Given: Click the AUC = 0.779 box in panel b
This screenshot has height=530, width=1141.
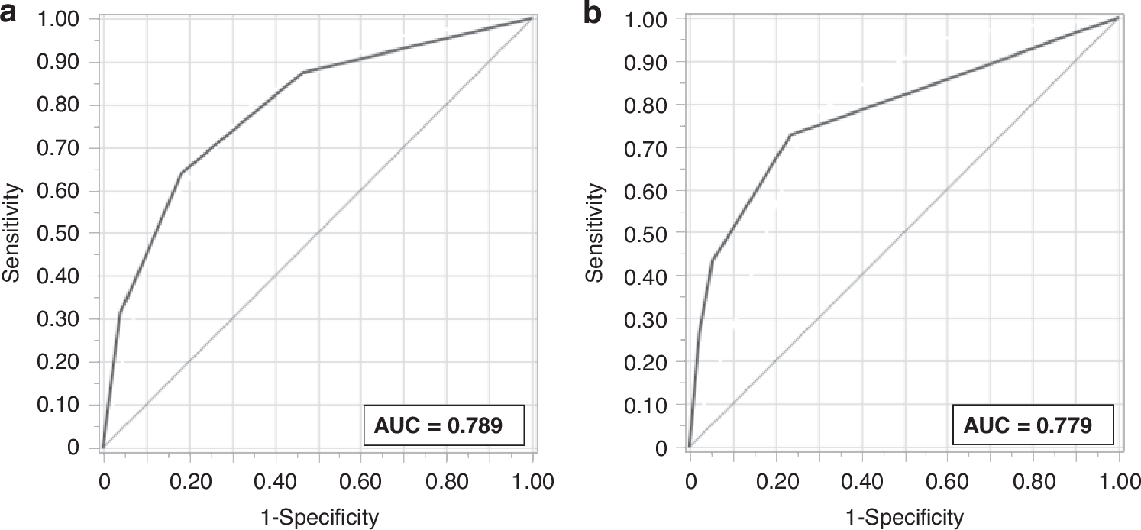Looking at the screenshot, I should (1033, 425).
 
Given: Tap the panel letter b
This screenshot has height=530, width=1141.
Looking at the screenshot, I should (593, 13).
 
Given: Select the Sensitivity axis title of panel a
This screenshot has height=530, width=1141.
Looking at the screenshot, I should (11, 232).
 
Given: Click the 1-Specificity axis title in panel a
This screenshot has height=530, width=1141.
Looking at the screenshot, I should (318, 518).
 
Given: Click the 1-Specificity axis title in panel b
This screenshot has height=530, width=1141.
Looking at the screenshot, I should (903, 518).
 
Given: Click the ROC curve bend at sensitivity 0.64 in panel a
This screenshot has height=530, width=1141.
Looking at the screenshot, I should (181, 173).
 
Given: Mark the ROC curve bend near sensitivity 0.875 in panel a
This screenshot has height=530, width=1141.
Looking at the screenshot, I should (303, 73).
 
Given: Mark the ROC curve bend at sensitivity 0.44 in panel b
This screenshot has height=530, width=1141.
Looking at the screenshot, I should (712, 260).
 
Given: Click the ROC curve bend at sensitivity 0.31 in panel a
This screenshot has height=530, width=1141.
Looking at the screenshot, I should (120, 313).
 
